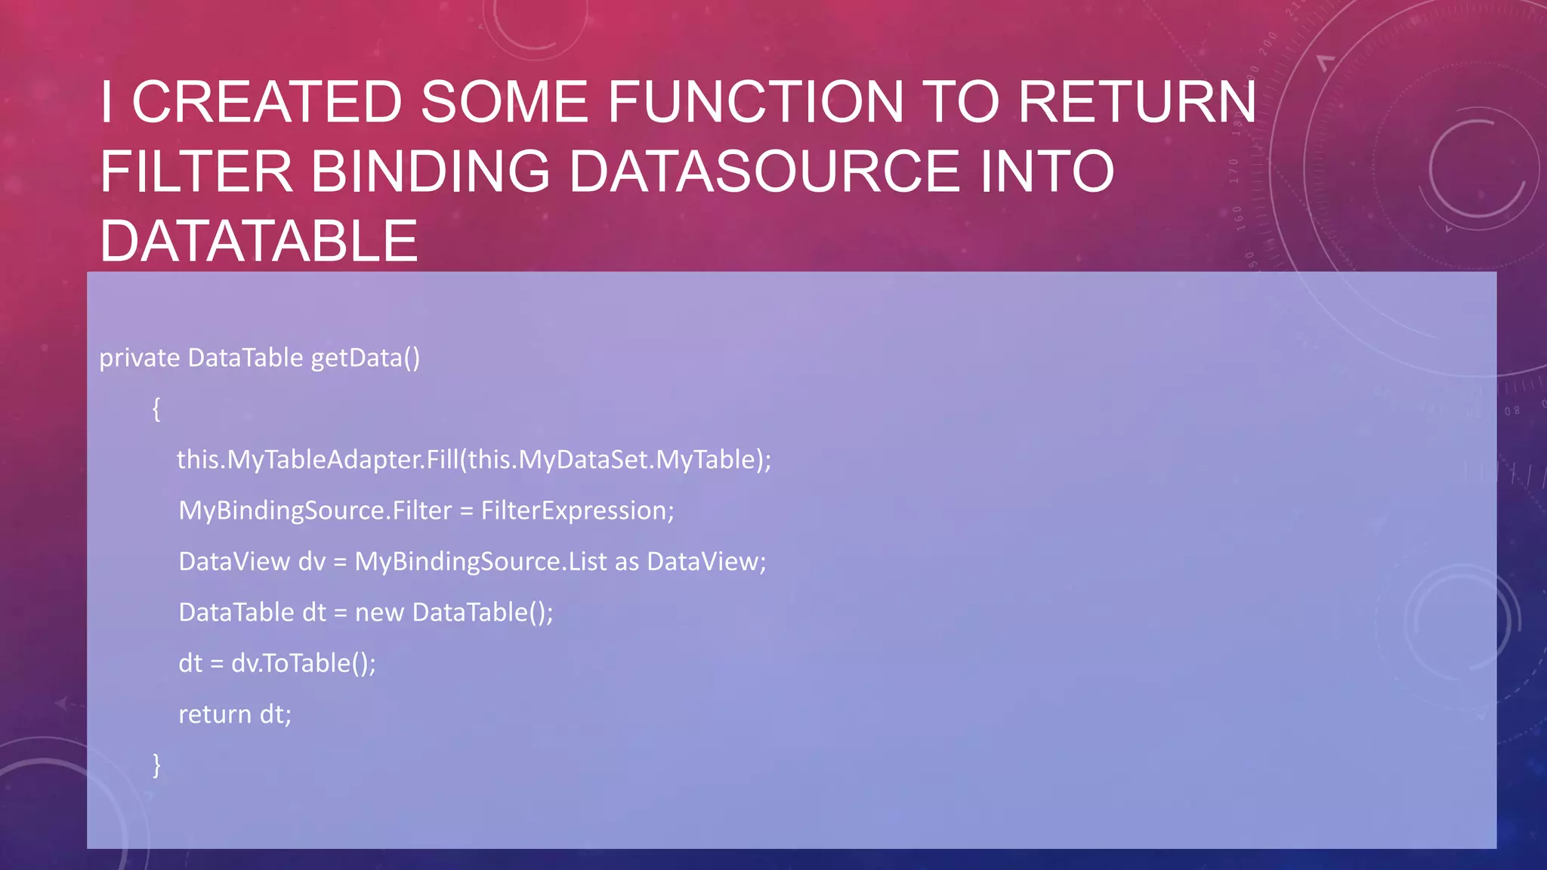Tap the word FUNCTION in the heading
pos(755,102)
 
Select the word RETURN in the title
pos(1137,102)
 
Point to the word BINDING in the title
pos(431,171)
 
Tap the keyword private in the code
pos(140,358)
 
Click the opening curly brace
pos(156,409)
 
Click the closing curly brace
pos(156,765)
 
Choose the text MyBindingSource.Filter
pos(315,511)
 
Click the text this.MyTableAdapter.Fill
pos(318,460)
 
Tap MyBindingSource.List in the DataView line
pos(480,562)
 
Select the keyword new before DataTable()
pos(379,612)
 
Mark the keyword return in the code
pos(215,714)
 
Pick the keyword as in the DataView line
pos(627,562)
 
